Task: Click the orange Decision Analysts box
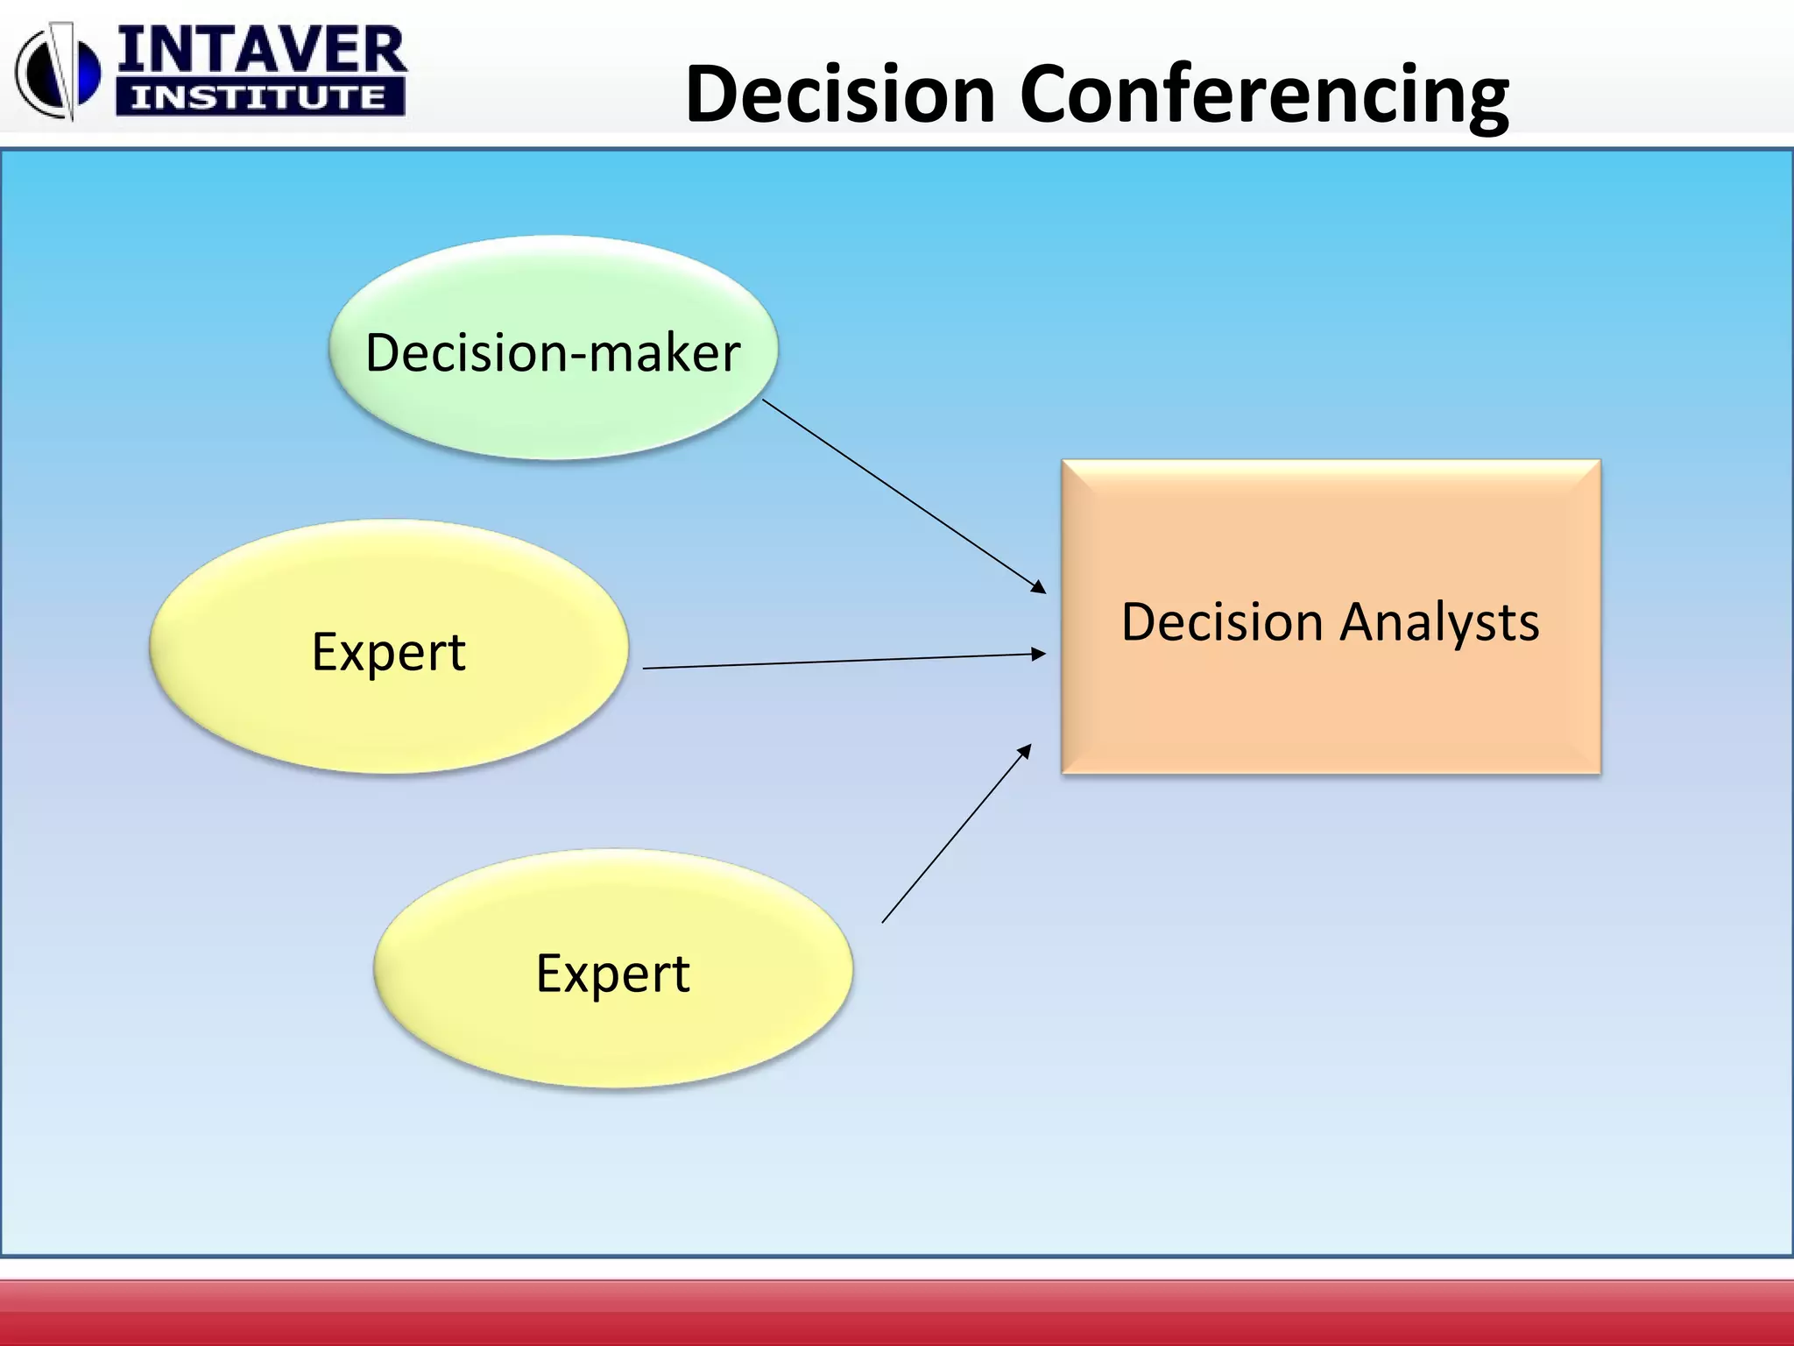[x=1330, y=701]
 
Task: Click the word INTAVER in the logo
[x=261, y=51]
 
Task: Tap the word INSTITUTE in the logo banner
[x=259, y=97]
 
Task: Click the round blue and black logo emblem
[x=58, y=72]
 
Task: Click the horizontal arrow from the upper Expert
[x=841, y=661]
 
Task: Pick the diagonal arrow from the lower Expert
[x=955, y=834]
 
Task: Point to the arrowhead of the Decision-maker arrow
[x=1039, y=587]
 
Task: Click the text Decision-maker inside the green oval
[x=553, y=353]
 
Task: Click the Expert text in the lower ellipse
[x=612, y=974]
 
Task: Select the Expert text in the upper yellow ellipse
[x=388, y=652]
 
